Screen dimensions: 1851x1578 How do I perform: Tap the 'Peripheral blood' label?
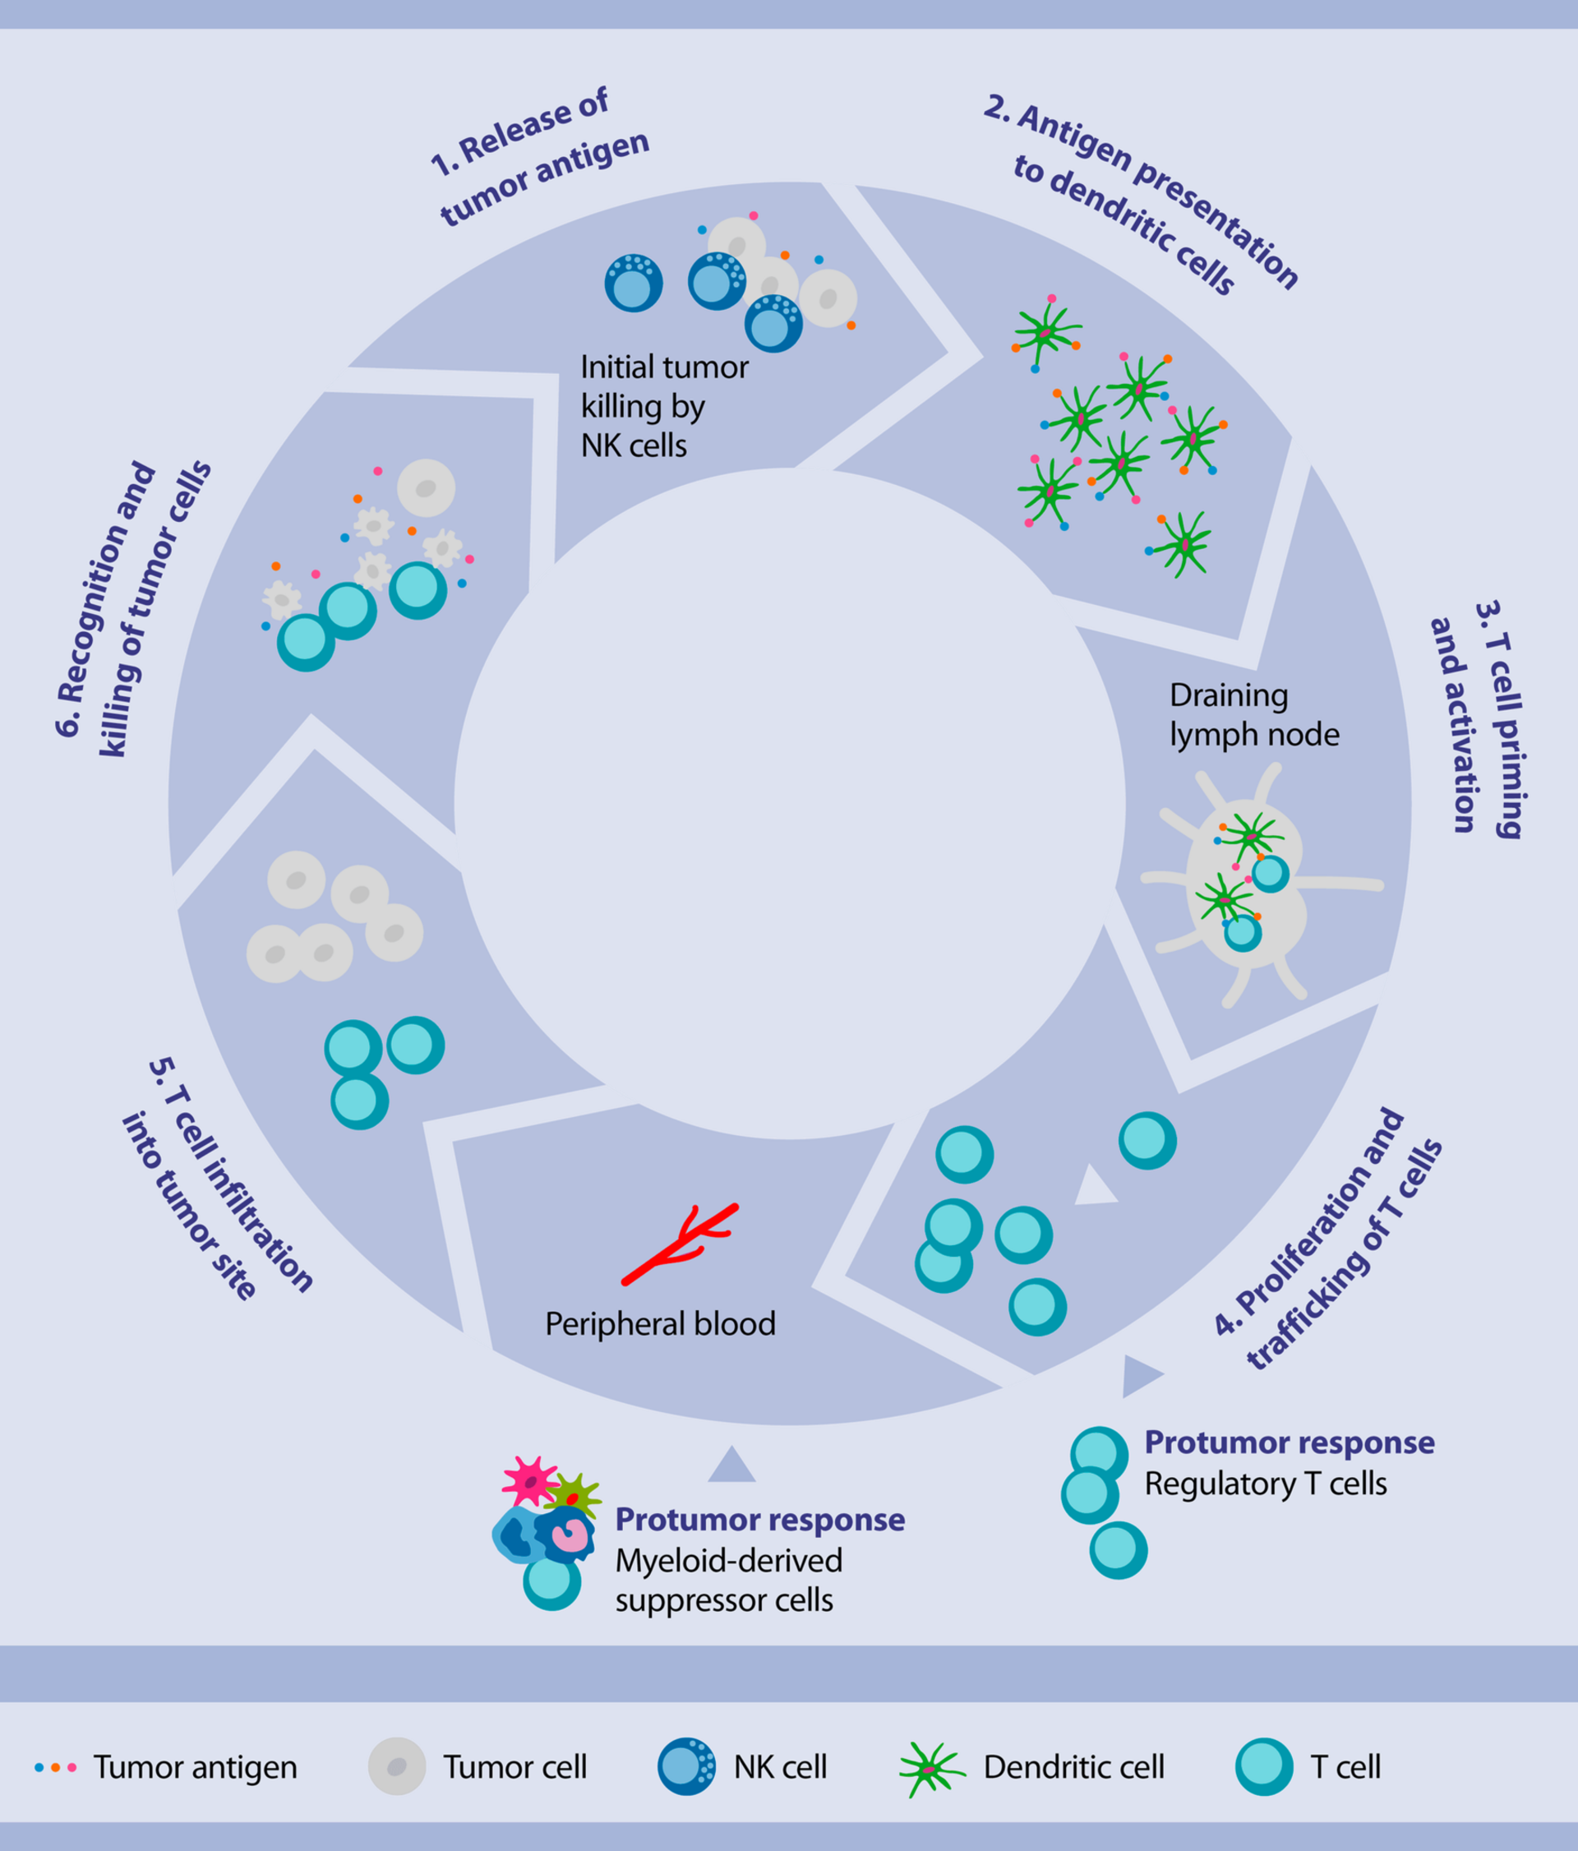click(x=660, y=1324)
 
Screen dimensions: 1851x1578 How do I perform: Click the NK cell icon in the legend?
click(x=685, y=1766)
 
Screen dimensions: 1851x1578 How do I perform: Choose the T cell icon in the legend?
click(x=1264, y=1766)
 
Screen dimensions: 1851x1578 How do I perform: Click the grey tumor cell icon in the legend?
click(x=396, y=1766)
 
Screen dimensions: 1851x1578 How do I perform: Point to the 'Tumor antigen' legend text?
click(x=195, y=1767)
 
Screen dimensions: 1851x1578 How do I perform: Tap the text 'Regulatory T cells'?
click(x=1265, y=1484)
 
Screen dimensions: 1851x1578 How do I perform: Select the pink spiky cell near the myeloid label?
click(x=530, y=1481)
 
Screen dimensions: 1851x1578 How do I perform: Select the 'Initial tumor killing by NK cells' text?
click(x=662, y=407)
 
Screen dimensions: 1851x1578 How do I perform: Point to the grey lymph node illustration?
click(x=1247, y=884)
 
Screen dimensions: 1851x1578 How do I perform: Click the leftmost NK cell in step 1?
click(x=633, y=284)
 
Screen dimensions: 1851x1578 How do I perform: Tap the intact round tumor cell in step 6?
click(x=426, y=487)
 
